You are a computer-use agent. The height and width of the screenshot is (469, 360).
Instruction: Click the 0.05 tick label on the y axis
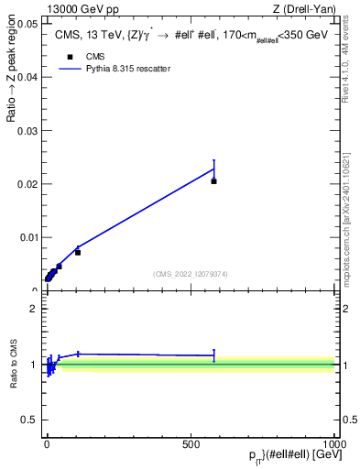pos(27,24)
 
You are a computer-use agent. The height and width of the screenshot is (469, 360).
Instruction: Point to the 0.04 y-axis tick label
pos(27,77)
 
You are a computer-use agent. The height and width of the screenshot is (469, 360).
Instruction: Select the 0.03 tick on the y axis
pos(27,131)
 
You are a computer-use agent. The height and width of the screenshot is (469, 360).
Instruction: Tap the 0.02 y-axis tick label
pos(27,184)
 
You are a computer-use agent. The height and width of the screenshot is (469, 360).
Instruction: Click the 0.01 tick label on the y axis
pos(27,237)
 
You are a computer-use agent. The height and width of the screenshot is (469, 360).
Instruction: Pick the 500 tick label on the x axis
pos(191,442)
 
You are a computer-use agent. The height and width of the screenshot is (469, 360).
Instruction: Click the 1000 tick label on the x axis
pos(334,442)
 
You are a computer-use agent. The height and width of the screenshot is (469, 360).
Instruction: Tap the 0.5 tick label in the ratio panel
pos(29,420)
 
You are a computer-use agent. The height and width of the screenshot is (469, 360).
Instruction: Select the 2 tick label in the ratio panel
pos(34,309)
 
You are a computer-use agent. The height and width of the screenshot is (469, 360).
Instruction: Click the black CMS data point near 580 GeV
pos(213,181)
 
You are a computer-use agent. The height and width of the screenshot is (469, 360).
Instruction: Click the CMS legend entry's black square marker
pos(70,56)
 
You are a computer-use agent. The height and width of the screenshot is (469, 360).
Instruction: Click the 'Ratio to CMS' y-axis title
pos(13,365)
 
